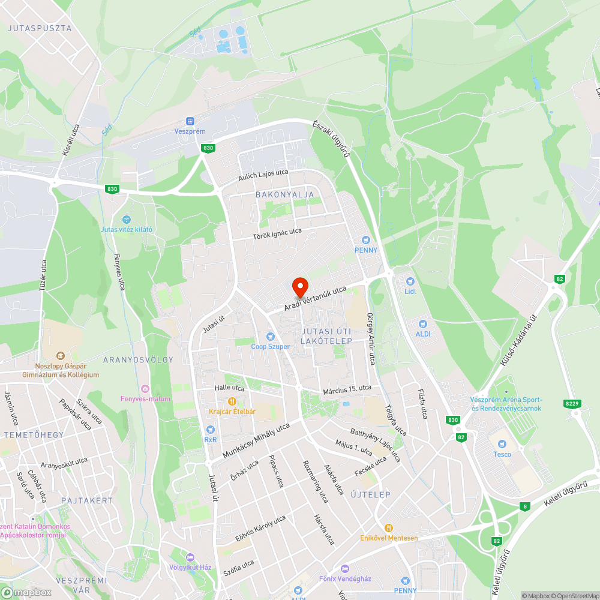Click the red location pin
(299, 287)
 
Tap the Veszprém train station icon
(190, 121)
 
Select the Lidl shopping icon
(410, 281)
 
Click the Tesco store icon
(502, 444)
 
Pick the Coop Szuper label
(270, 346)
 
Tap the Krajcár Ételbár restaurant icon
(232, 401)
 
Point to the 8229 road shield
(572, 404)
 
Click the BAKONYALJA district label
(284, 195)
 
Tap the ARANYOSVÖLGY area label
(138, 360)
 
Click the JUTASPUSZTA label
(40, 28)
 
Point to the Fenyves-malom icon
(145, 389)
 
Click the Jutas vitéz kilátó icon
(126, 220)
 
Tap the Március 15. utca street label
(347, 389)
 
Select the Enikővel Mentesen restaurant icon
(388, 527)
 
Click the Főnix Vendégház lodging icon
(344, 568)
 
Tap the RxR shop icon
(210, 430)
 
